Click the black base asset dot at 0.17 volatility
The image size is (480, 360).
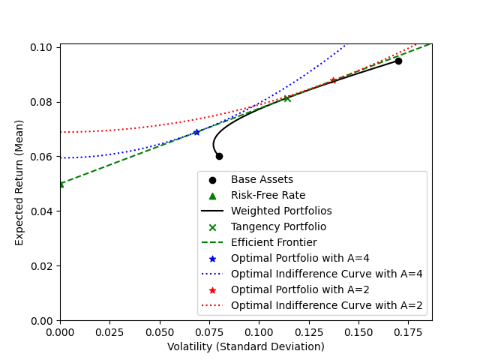tap(398, 61)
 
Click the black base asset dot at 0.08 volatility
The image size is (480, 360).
tap(219, 156)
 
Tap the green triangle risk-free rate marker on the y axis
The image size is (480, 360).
tap(61, 184)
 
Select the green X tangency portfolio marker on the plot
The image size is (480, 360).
tap(287, 98)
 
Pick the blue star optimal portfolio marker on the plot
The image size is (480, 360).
tap(196, 132)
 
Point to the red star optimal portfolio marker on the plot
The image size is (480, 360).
tap(333, 80)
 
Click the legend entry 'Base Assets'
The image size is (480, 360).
tap(262, 179)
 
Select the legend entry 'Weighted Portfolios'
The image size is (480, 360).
tap(281, 211)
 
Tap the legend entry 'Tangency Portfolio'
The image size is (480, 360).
tap(278, 226)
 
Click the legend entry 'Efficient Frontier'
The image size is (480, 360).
tap(274, 242)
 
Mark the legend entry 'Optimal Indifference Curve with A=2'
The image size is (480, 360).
tap(326, 305)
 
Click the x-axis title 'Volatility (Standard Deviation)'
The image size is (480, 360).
tap(246, 346)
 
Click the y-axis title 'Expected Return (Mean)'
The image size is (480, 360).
tap(19, 182)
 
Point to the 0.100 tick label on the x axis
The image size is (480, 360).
tap(259, 331)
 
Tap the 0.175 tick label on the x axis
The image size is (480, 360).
tap(358, 331)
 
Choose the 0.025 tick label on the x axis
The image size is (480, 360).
tap(109, 331)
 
